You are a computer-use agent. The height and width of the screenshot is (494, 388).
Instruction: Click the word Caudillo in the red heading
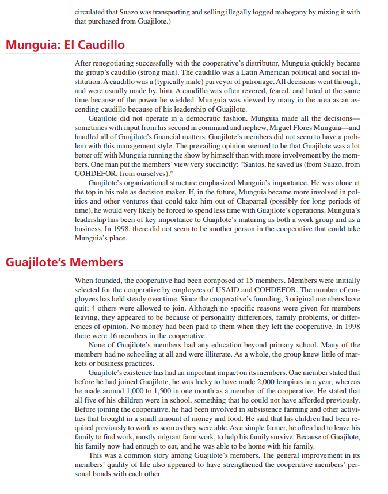point(101,45)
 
